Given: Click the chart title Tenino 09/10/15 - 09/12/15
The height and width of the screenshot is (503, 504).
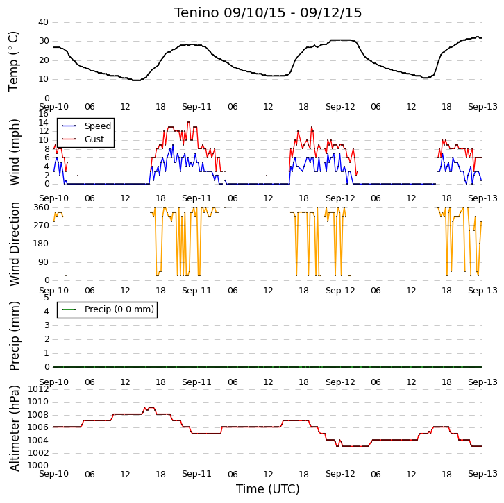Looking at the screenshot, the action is pyautogui.click(x=268, y=13).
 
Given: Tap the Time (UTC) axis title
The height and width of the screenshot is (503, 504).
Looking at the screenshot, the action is pyautogui.click(x=268, y=489).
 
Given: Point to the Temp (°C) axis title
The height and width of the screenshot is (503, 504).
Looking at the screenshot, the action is pyautogui.click(x=13, y=61).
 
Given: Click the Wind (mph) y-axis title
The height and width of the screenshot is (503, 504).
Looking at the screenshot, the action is pyautogui.click(x=14, y=152).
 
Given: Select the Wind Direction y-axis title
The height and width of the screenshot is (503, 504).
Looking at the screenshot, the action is pyautogui.click(x=14, y=244).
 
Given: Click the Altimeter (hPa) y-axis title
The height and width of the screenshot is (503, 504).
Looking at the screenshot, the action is pyautogui.click(x=14, y=428).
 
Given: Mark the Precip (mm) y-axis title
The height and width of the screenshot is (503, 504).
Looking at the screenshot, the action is pyautogui.click(x=14, y=336).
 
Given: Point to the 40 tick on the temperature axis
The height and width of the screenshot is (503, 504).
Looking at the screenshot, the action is pyautogui.click(x=43, y=22).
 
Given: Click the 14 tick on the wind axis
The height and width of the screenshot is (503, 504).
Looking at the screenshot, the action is pyautogui.click(x=43, y=122).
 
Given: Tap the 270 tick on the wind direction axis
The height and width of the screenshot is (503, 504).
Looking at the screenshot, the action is pyautogui.click(x=42, y=225).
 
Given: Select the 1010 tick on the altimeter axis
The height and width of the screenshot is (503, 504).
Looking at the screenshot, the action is pyautogui.click(x=38, y=402).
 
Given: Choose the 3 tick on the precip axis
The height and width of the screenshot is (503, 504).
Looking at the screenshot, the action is pyautogui.click(x=47, y=325).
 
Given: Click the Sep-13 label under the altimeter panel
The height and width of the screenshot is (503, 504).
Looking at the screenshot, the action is pyautogui.click(x=482, y=474).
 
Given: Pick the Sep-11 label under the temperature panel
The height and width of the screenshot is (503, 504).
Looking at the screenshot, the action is pyautogui.click(x=196, y=107).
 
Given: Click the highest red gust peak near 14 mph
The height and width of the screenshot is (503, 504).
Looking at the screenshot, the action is pyautogui.click(x=189, y=122).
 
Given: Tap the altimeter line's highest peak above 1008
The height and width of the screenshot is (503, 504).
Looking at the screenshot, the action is pyautogui.click(x=151, y=407).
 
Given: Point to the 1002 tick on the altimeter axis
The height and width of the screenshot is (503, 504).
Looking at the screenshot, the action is pyautogui.click(x=38, y=453).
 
